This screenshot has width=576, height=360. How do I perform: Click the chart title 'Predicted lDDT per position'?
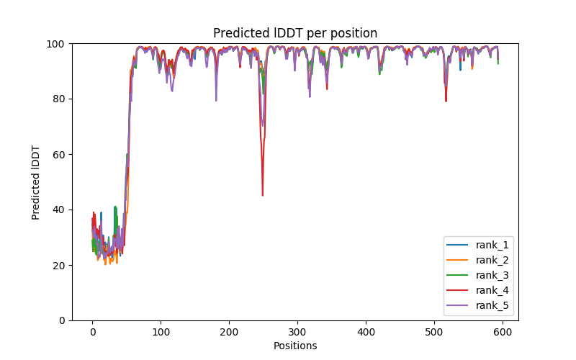295,33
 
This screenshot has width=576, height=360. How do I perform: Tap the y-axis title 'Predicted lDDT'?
36,182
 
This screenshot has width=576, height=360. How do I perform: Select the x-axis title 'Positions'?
295,346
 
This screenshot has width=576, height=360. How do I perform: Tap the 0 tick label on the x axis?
92,331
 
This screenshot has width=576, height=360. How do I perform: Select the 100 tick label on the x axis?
161,331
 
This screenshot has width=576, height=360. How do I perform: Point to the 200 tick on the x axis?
229,331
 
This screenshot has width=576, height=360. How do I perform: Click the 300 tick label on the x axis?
297,331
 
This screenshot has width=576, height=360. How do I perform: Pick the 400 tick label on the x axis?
366,331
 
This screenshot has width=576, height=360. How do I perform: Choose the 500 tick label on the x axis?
434,331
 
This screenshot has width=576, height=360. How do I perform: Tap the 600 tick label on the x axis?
503,331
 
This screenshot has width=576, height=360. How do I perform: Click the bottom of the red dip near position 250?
263,195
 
